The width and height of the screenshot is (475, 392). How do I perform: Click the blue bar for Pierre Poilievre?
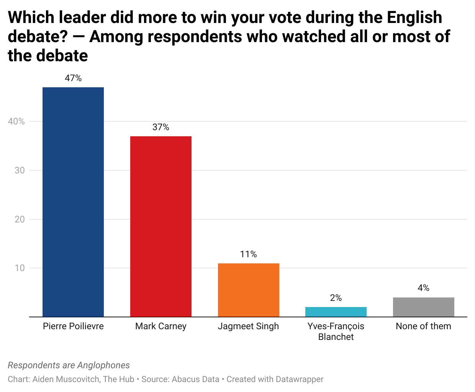[x=73, y=202]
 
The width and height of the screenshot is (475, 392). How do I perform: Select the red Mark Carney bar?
[x=161, y=227]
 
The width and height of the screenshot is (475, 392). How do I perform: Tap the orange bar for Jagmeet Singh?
[x=248, y=290]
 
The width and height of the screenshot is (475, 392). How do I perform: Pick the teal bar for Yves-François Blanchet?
[x=336, y=312]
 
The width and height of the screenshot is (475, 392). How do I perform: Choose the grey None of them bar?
[x=423, y=307]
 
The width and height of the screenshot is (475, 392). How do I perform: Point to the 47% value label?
[x=73, y=78]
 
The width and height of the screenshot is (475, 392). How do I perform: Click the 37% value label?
[x=161, y=127]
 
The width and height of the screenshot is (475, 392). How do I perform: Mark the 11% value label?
[x=248, y=254]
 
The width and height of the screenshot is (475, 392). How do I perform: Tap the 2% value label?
[x=336, y=298]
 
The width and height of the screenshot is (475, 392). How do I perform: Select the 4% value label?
[x=423, y=288]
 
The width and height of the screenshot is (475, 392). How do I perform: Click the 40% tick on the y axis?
[x=16, y=121]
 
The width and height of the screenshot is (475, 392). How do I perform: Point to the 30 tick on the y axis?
[x=20, y=170]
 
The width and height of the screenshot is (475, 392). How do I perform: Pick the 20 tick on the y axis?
[x=20, y=219]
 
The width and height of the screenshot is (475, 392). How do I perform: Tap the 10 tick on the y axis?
[x=20, y=268]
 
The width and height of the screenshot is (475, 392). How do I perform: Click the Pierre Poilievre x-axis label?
[x=73, y=326]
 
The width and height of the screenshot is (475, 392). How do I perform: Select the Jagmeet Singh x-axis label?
[x=248, y=326]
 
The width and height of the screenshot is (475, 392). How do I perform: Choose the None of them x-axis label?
[x=423, y=326]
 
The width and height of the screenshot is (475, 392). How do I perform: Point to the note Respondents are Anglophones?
[x=69, y=365]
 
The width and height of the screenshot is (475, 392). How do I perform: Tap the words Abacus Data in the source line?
[x=195, y=379]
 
